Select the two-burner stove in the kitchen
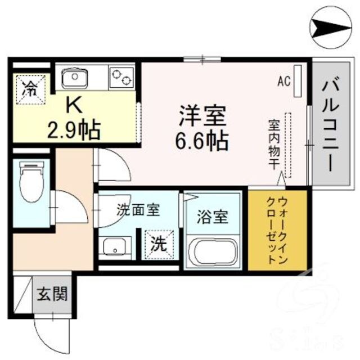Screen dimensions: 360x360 (121, 75)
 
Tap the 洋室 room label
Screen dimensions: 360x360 (202, 116)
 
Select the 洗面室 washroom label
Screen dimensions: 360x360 (138, 210)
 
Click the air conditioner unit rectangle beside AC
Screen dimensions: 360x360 (297, 81)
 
